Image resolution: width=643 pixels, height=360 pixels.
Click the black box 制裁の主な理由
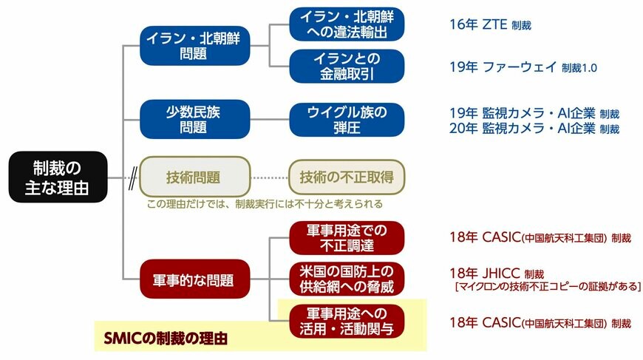point(58,177)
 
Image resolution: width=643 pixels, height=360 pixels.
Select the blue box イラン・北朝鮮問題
point(195,46)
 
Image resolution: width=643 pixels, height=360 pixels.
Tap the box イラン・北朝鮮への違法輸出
point(347,24)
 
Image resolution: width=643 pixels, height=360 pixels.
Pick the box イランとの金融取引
point(347,66)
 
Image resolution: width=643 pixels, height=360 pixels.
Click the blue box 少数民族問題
point(195,119)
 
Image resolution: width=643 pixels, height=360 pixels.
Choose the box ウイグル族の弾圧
point(347,120)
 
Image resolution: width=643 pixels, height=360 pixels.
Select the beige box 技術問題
point(195,177)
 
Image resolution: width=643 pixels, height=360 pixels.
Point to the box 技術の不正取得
point(347,177)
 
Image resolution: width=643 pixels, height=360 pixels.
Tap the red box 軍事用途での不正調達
point(347,238)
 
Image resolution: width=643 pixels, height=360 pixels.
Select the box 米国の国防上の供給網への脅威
point(347,279)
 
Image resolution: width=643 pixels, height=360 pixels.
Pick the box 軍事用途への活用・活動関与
point(347,321)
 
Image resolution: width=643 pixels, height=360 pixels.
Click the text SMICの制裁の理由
point(166,339)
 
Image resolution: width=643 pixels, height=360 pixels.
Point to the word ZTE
point(494,24)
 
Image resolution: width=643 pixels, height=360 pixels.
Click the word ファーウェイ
point(520,67)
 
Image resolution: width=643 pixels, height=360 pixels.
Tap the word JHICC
point(501,273)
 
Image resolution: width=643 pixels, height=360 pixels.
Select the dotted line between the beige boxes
point(270,177)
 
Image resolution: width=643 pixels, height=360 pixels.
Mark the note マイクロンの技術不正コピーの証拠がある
point(548,286)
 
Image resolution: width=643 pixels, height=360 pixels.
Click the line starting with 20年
point(534,129)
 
